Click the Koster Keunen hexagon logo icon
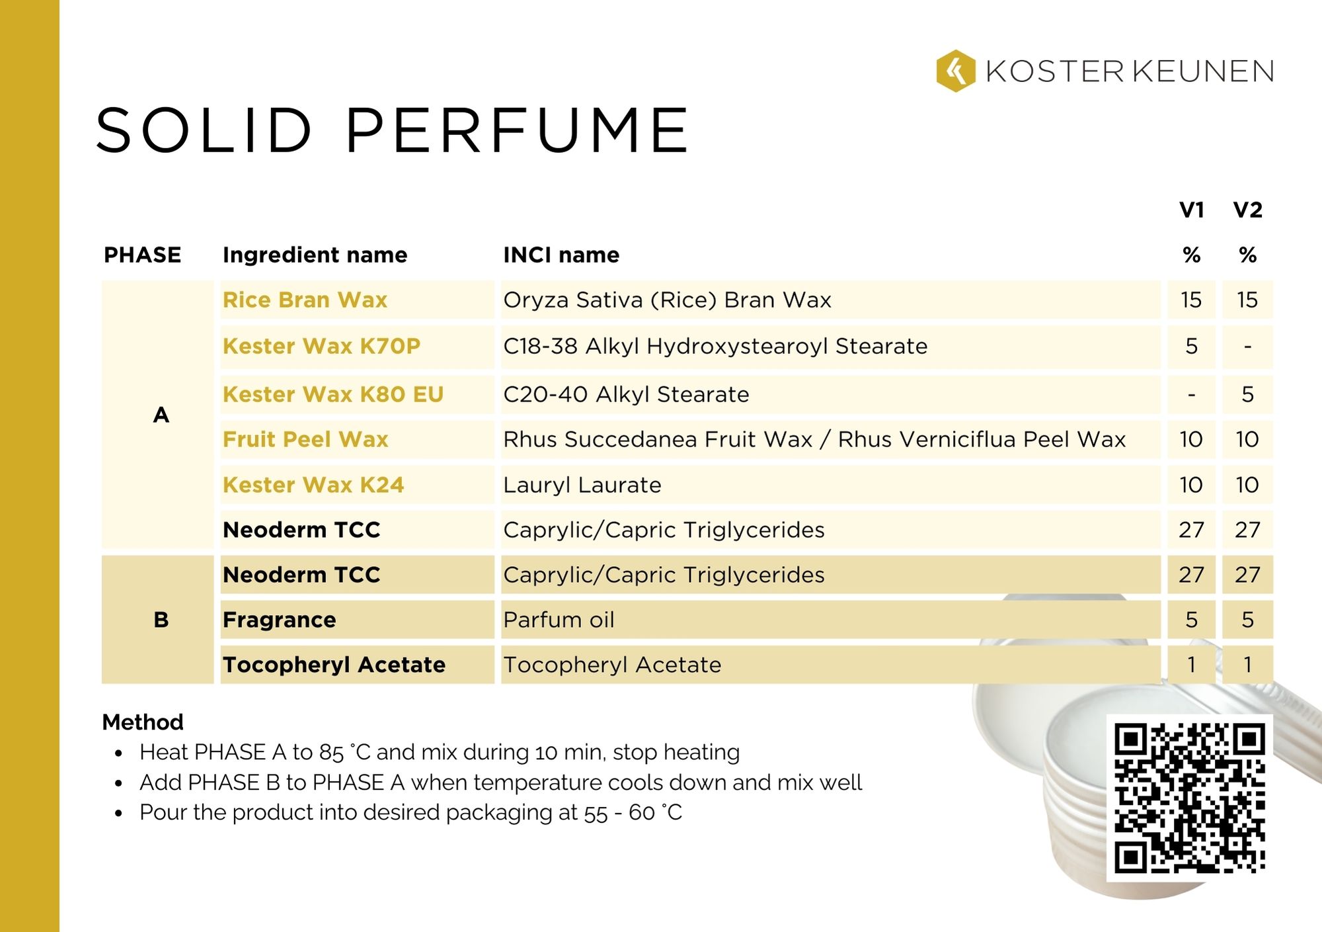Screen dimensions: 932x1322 click(x=955, y=71)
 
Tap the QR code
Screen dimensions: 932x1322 click(x=1189, y=798)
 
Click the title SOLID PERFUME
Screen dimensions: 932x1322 click(x=393, y=130)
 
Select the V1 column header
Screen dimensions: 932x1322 click(x=1191, y=210)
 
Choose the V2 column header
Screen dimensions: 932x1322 click(x=1247, y=210)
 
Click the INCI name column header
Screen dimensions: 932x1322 click(x=561, y=255)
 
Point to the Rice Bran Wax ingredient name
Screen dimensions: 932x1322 click(x=305, y=300)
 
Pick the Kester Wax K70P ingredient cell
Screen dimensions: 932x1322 click(x=321, y=346)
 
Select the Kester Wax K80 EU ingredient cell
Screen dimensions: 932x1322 click(x=332, y=394)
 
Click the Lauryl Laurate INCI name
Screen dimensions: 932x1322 click(x=582, y=485)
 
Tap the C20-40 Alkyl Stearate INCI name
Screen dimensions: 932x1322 click(x=626, y=394)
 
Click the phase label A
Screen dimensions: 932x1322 click(x=161, y=415)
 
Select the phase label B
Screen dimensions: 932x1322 click(x=161, y=620)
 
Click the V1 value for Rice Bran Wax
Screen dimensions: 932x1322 click(x=1191, y=300)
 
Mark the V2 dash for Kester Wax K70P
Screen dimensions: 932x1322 click(x=1247, y=346)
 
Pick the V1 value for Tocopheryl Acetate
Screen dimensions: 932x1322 click(x=1191, y=665)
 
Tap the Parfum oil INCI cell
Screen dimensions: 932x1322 click(x=559, y=620)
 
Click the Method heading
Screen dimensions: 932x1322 click(x=143, y=722)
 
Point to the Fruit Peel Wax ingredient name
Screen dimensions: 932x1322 click(x=305, y=439)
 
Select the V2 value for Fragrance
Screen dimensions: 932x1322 click(x=1247, y=620)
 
